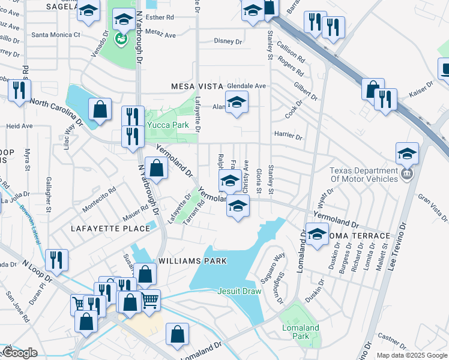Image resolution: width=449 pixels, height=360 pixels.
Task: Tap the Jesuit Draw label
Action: click(239, 292)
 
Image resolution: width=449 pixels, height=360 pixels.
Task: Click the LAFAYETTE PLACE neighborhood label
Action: click(110, 229)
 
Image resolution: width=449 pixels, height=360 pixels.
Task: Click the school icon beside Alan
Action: click(237, 102)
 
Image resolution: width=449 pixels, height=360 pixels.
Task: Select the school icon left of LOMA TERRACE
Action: click(316, 234)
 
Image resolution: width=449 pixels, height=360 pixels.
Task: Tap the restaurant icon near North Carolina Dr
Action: click(20, 90)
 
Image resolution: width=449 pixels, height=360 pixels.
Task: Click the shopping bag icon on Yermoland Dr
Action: click(156, 169)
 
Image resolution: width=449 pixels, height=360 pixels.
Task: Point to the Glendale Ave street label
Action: click(246, 86)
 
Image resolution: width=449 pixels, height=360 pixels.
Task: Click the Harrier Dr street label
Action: click(288, 136)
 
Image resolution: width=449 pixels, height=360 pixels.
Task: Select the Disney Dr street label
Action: click(228, 41)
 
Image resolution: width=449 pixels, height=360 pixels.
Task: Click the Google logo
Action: click(20, 353)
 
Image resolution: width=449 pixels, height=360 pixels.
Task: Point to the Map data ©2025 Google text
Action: click(411, 355)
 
